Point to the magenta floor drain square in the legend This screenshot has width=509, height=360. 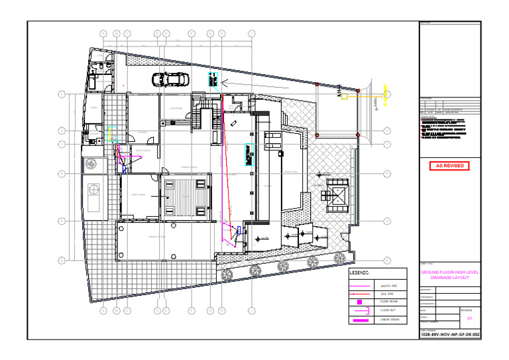coord(359,302)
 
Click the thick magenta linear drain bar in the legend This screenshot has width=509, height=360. coord(361,320)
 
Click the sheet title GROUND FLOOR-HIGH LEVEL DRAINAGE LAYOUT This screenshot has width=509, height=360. coord(450,275)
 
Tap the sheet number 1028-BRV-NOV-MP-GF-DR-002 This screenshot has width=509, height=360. coord(450,335)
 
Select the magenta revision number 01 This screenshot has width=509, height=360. coord(470,319)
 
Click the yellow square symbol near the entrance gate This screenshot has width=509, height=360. coord(344,97)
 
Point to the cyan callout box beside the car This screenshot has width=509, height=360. coord(213,80)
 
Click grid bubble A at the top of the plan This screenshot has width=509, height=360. coord(103,33)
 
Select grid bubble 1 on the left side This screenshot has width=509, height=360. coord(62,94)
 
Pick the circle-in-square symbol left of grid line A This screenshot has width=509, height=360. coord(91,163)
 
